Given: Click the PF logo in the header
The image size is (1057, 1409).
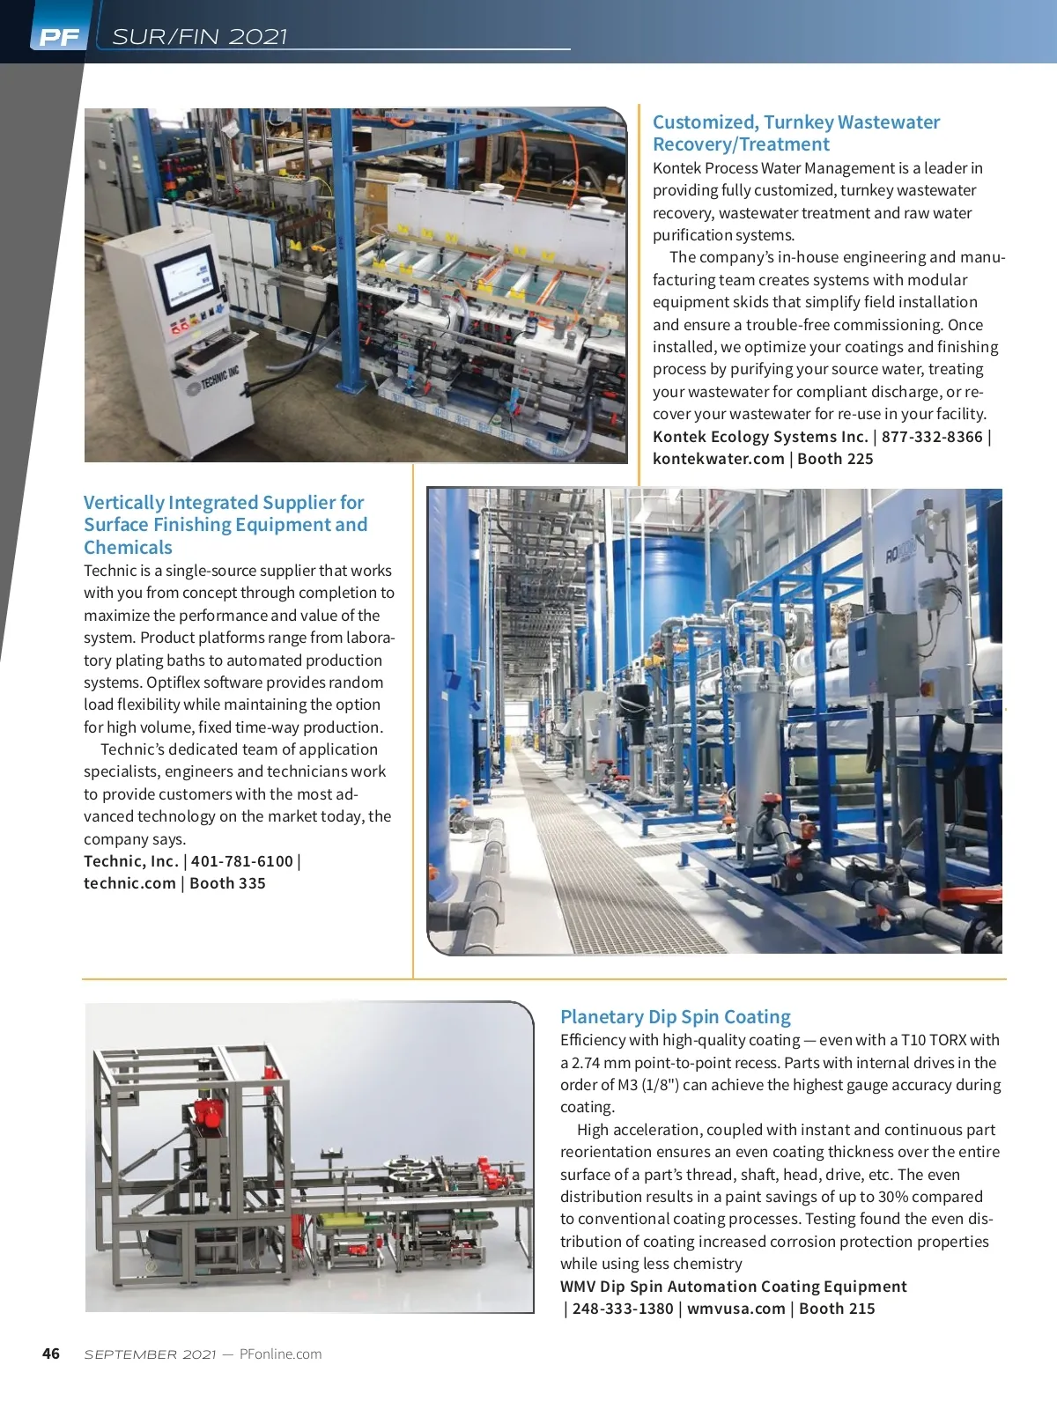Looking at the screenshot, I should click(x=59, y=37).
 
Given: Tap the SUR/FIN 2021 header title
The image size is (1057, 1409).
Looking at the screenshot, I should click(x=200, y=36).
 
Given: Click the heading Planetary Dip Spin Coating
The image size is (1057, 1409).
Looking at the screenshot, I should click(x=676, y=1017).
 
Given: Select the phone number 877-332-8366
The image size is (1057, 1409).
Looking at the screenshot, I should click(x=932, y=437).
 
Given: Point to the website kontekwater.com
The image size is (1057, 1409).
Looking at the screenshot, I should click(x=718, y=459).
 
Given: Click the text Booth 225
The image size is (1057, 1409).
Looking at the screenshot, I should click(x=835, y=459).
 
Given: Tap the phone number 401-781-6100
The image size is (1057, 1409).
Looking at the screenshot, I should click(x=242, y=861).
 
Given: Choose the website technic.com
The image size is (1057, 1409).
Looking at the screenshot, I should click(x=129, y=883).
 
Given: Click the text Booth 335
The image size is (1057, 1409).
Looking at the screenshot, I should click(x=227, y=883).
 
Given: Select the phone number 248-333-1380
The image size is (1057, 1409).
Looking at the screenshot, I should click(x=623, y=1309).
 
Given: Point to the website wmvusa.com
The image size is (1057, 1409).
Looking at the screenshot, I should click(x=736, y=1309).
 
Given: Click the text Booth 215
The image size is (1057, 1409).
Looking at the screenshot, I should click(x=837, y=1309).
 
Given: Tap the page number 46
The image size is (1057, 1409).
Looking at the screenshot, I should click(x=51, y=1354).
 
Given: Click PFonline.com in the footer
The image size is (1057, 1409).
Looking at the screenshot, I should click(x=280, y=1354).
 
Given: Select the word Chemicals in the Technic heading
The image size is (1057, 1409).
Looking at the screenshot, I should click(x=128, y=547).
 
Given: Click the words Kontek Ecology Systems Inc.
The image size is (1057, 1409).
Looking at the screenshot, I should click(x=760, y=437).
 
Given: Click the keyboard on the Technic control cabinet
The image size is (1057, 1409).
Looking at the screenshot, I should click(x=210, y=348).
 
